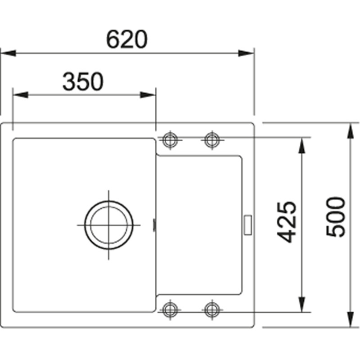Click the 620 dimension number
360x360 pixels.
pyautogui.click(x=127, y=39)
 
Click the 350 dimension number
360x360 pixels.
pyautogui.click(x=83, y=81)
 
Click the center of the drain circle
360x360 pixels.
pyautogui.click(x=109, y=225)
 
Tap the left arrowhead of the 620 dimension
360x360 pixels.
pyautogui.click(x=8, y=53)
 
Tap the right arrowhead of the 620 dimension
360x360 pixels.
pyautogui.click(x=247, y=53)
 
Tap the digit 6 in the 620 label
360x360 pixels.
pyautogui.click(x=113, y=39)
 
